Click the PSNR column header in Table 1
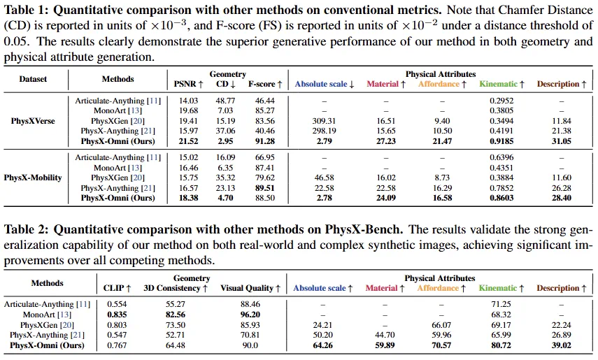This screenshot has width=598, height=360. pyautogui.click(x=188, y=84)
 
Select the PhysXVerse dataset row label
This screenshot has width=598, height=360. pyautogui.click(x=33, y=121)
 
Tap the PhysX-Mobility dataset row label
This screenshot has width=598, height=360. pyautogui.click(x=33, y=178)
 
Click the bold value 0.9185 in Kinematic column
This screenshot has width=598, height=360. pyautogui.click(x=501, y=141)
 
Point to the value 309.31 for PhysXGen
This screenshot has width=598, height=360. pyautogui.click(x=324, y=121)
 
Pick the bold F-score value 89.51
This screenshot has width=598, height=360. pyautogui.click(x=264, y=188)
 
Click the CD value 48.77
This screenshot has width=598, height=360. pyautogui.click(x=225, y=101)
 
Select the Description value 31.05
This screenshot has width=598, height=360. pyautogui.click(x=562, y=141)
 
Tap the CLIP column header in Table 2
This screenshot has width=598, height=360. pyautogui.click(x=118, y=288)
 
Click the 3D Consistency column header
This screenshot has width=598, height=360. pyautogui.click(x=176, y=288)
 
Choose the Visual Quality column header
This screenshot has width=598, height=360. pyautogui.click(x=250, y=288)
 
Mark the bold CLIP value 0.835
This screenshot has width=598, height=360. pyautogui.click(x=117, y=315)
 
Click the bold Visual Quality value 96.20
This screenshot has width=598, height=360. pyautogui.click(x=250, y=315)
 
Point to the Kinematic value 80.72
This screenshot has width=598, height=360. pyautogui.click(x=501, y=345)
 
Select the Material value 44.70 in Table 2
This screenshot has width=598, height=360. pyautogui.click(x=385, y=335)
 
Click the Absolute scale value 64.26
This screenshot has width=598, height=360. pyautogui.click(x=322, y=345)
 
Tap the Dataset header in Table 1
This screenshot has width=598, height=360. pyautogui.click(x=33, y=79)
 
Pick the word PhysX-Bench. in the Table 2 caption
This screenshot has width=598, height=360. pyautogui.click(x=364, y=229)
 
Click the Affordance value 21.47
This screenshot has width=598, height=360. pyautogui.click(x=442, y=141)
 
